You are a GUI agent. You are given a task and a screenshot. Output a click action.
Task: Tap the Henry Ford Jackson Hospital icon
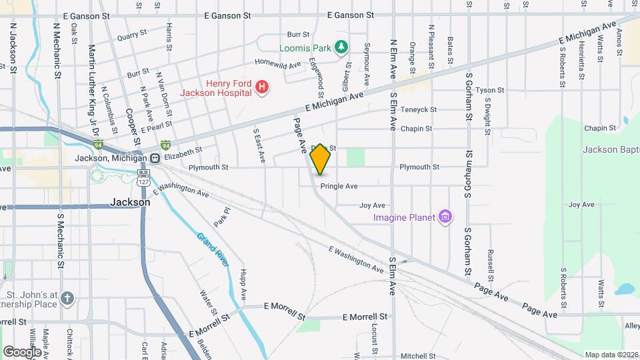262,87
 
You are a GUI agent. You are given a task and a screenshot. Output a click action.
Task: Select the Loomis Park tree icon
341,47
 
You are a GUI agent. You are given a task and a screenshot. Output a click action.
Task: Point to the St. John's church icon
67,298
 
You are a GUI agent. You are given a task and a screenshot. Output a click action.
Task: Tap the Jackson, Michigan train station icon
155,159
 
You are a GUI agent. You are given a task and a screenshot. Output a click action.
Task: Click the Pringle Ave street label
339,186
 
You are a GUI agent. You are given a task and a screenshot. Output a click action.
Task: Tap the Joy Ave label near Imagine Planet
373,205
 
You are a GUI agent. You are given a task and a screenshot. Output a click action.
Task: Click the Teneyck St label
419,109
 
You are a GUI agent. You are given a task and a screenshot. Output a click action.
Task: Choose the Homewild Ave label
274,65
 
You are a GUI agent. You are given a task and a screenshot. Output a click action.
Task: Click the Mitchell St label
418,356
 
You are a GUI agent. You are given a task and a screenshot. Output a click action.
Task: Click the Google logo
22,351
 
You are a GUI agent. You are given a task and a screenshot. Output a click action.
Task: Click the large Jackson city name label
130,202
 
